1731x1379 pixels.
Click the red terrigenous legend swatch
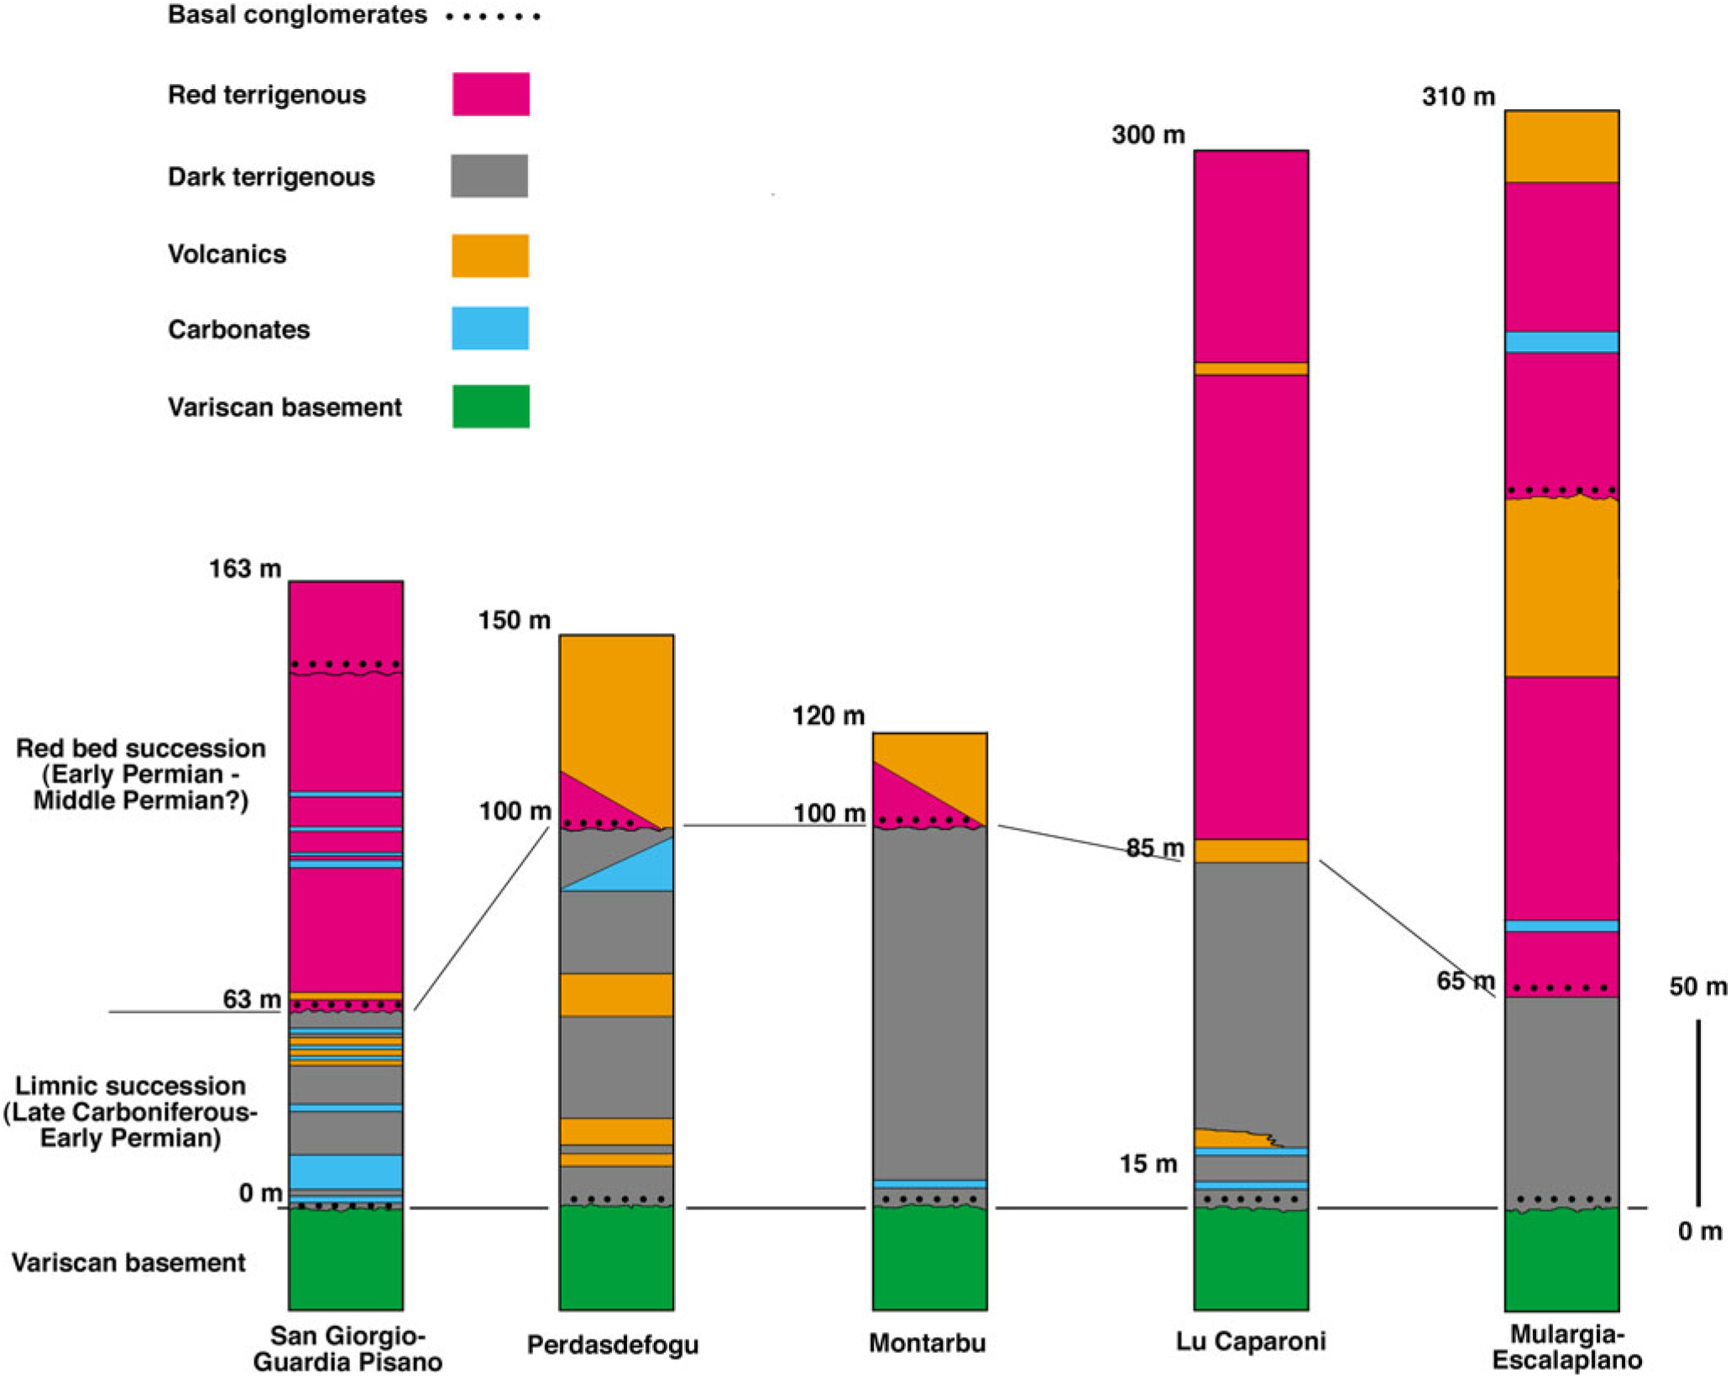(490, 94)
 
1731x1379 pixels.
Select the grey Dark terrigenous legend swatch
(489, 176)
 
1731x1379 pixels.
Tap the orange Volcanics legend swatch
(490, 255)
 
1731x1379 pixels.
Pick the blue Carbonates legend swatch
(490, 328)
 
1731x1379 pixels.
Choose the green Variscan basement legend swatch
(490, 406)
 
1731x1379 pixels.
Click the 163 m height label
(245, 569)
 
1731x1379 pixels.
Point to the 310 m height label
(1458, 97)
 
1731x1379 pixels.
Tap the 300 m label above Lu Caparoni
(1148, 134)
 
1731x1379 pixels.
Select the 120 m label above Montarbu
(828, 716)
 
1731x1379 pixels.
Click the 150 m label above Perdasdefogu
(515, 620)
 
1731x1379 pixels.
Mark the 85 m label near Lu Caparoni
(1155, 848)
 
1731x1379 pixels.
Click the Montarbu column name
(927, 1342)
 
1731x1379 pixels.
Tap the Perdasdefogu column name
(613, 1344)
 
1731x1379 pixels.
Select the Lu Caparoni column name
(1251, 1340)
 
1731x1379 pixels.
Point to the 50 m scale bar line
(1698, 1113)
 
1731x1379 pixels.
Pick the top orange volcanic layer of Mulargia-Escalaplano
(1561, 146)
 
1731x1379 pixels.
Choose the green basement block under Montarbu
(929, 1258)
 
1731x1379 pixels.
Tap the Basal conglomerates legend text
(297, 15)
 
